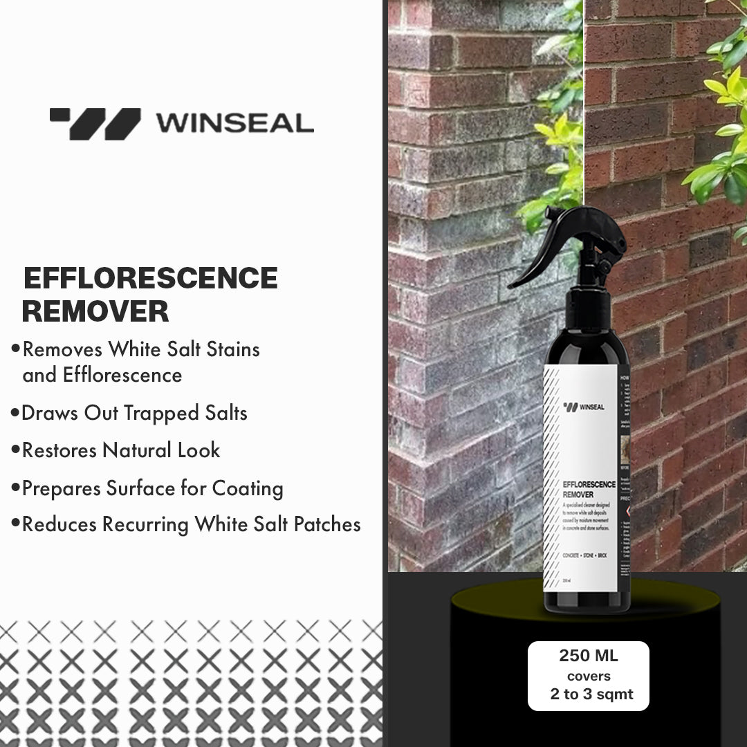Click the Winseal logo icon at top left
95,123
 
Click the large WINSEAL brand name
234,123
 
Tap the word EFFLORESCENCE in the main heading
151,278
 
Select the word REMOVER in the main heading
95,311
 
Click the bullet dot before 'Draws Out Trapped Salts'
15,413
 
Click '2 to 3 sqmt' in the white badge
591,694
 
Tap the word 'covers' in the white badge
589,676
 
